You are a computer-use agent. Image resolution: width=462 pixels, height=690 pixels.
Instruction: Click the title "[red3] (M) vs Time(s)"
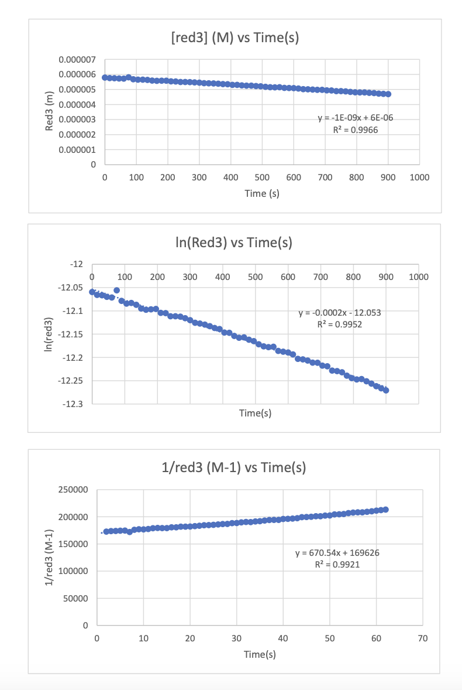pos(233,39)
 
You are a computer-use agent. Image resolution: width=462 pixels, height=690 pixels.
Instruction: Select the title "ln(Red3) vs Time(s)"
pos(233,242)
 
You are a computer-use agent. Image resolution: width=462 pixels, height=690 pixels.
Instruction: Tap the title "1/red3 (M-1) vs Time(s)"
pos(233,467)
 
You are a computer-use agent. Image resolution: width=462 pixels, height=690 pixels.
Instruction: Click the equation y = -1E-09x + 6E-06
pos(355,118)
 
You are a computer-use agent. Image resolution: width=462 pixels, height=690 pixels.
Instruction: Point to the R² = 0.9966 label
pos(355,129)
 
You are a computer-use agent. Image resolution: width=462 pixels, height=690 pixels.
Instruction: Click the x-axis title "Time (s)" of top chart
pos(261,194)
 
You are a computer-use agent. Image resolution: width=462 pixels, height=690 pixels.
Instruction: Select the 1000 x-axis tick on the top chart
pos(419,177)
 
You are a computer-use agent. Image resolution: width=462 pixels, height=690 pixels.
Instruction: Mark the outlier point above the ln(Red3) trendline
pos(116,290)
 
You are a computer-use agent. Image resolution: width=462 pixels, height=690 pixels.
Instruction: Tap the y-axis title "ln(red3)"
pos(50,334)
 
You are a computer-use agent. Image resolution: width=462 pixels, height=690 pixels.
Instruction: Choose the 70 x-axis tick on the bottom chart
pos(423,638)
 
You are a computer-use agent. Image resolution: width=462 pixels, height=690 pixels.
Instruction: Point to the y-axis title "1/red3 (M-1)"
pos(50,557)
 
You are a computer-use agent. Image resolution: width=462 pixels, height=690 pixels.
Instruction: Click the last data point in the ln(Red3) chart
pos(386,390)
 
